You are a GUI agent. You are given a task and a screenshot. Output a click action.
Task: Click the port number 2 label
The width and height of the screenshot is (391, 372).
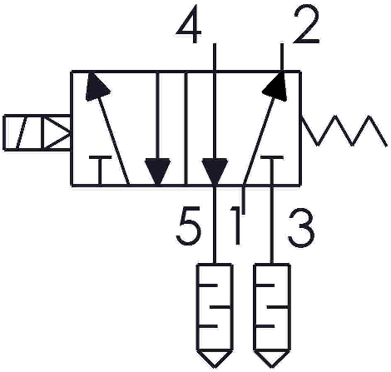306,25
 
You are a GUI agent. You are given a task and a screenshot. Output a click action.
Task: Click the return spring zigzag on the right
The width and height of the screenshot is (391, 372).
344,131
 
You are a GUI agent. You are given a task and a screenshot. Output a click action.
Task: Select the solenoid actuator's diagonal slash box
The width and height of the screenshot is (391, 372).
22,132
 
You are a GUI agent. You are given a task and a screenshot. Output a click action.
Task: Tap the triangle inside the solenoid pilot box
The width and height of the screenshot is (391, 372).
57,132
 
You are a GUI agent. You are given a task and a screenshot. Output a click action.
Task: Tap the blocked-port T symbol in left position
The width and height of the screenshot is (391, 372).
100,170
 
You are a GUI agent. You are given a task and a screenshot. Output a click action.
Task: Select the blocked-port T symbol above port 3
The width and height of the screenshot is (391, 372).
272,170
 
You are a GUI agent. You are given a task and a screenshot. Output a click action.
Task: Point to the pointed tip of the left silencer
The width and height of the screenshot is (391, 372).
215,369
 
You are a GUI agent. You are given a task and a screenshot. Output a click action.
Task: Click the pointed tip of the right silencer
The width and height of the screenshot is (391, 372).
272,369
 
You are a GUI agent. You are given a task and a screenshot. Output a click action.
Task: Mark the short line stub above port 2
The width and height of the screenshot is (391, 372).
282,57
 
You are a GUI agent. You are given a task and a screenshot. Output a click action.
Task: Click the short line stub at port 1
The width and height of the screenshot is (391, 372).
244,199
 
